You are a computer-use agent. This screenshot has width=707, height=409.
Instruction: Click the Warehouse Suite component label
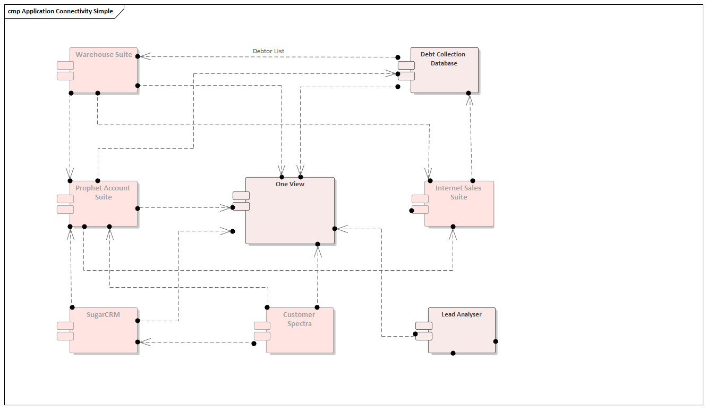point(104,54)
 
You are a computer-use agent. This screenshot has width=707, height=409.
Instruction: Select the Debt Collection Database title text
point(443,59)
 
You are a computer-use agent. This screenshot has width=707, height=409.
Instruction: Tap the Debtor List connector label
point(268,51)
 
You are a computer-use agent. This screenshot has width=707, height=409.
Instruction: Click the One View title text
point(290,184)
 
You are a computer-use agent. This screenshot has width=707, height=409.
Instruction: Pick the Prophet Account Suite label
point(103,193)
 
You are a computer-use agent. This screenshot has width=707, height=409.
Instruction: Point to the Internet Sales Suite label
point(458,193)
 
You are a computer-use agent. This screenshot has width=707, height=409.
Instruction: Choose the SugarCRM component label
point(103,314)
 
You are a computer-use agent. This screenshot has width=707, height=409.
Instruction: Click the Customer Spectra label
point(299,319)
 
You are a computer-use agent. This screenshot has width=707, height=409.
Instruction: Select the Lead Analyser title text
point(461,314)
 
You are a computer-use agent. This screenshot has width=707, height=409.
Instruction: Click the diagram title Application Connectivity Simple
point(61,11)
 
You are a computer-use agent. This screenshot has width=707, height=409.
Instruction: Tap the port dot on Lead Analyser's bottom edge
point(453,353)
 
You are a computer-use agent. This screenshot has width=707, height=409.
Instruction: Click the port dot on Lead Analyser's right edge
point(496,341)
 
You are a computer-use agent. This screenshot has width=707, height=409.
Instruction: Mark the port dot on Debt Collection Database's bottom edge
point(469,93)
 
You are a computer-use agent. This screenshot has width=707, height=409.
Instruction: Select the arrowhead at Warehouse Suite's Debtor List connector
point(144,56)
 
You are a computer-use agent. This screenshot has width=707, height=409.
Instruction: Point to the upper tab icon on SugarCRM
point(65,325)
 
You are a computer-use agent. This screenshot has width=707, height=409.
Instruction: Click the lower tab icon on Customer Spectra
point(262,336)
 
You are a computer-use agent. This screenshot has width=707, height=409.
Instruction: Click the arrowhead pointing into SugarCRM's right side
point(144,342)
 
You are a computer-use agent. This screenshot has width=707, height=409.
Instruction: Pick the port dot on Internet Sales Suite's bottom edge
point(453,227)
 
